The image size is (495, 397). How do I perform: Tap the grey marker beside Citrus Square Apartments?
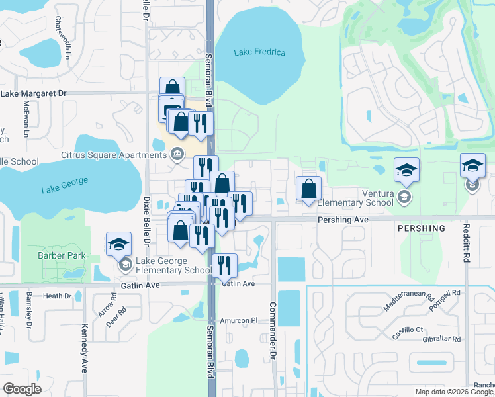pyautogui.click(x=177, y=154)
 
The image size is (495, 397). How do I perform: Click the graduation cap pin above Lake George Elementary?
pyautogui.click(x=118, y=243)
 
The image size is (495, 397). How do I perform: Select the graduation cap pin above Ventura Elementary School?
pyautogui.click(x=406, y=170)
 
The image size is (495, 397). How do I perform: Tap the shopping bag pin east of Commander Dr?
pyautogui.click(x=308, y=188)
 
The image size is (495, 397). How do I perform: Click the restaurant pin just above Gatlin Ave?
pyautogui.click(x=225, y=265)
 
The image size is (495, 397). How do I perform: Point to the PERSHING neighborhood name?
pyautogui.click(x=421, y=228)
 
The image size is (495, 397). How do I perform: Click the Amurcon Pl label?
pyautogui.click(x=238, y=320)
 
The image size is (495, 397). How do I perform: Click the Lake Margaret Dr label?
pyautogui.click(x=34, y=94)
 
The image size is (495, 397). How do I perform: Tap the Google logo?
pyautogui.click(x=22, y=388)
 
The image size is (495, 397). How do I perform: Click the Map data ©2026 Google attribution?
pyautogui.click(x=453, y=392)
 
